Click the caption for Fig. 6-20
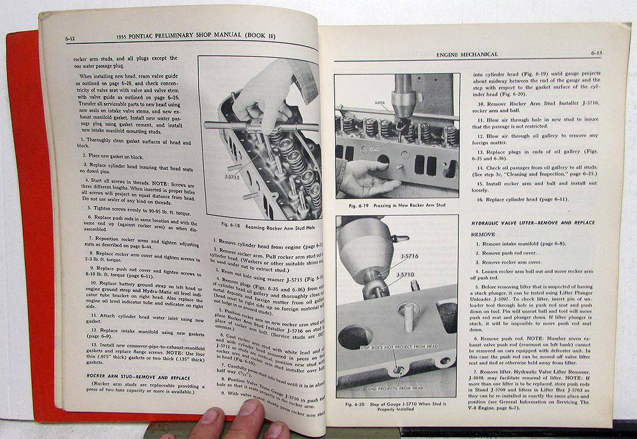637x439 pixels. [x=396, y=403]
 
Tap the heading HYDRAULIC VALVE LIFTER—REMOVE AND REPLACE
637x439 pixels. [x=533, y=223]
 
